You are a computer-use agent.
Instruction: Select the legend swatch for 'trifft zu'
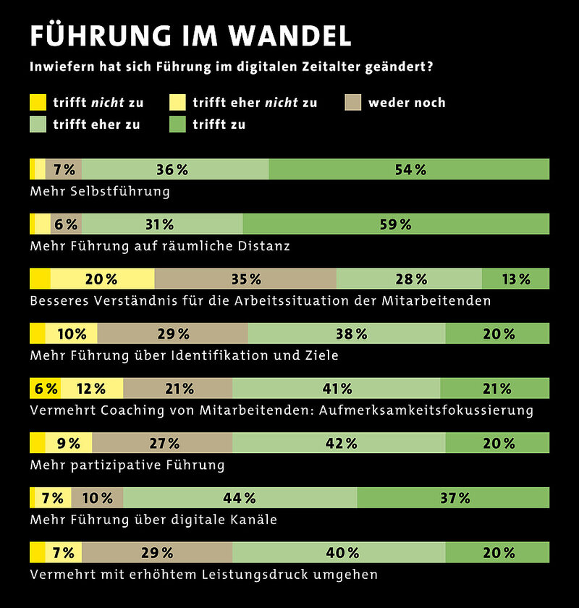177,124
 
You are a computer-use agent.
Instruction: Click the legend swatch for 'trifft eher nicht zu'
177,102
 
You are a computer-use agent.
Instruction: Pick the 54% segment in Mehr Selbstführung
409,169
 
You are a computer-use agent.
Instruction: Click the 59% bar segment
396,224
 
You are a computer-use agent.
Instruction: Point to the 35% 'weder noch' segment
245,279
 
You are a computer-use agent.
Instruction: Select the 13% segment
515,279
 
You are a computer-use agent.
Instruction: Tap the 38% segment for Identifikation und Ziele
346,333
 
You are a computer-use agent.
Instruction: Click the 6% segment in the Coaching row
45,388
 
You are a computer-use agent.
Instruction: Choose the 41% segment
336,388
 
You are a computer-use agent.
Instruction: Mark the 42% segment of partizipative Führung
338,442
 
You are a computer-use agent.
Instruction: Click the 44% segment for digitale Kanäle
240,497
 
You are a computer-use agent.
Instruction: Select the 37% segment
453,497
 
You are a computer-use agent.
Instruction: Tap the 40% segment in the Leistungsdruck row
338,552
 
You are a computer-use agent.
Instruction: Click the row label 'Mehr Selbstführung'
100,191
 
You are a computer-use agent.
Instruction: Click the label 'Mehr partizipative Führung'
127,465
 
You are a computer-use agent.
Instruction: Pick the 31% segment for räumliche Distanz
162,224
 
